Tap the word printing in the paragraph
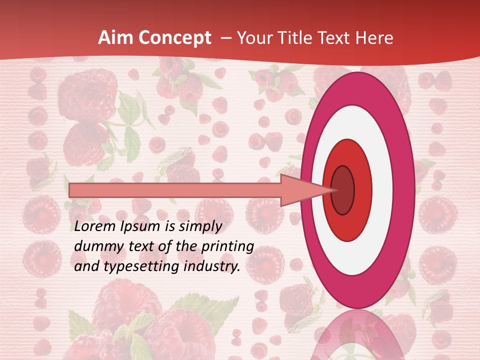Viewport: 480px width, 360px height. [x=228, y=246]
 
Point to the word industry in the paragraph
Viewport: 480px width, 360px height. [x=211, y=266]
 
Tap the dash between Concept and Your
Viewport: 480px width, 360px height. [x=225, y=38]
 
